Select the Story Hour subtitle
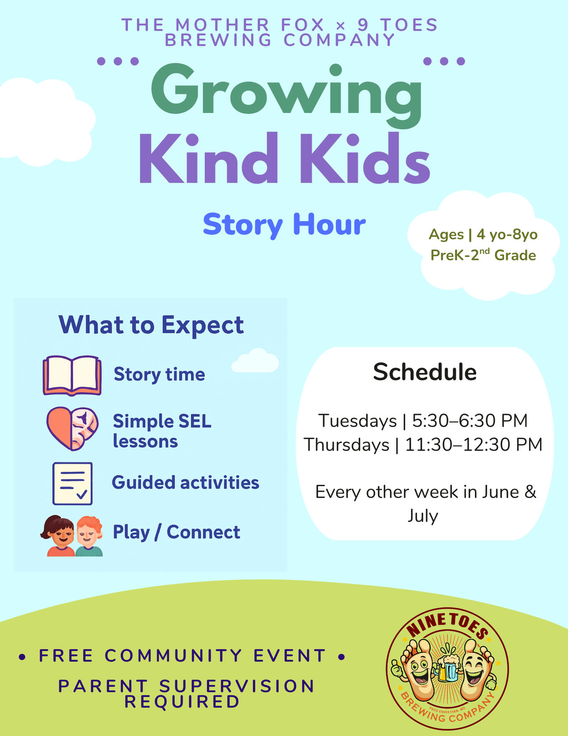(284, 225)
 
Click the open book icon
(72, 375)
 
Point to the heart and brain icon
(72, 428)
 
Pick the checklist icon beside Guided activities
(72, 483)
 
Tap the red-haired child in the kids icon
(89, 536)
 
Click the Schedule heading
(425, 372)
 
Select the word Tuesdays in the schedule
(357, 421)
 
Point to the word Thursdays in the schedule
(346, 445)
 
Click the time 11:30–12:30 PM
(474, 445)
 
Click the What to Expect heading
(151, 325)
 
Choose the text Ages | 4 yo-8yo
(483, 235)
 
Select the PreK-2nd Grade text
(483, 255)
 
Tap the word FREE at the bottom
(66, 656)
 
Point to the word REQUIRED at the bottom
(182, 702)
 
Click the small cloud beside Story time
(255, 360)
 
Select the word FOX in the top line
(303, 25)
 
